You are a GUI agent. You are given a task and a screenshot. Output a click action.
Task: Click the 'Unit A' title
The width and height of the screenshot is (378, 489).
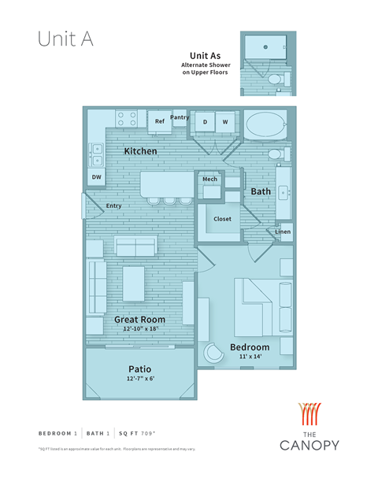pyautogui.click(x=65, y=40)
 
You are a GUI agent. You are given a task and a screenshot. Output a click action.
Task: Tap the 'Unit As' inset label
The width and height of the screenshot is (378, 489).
pyautogui.click(x=205, y=56)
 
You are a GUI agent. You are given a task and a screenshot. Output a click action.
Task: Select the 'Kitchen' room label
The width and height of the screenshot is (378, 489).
pyautogui.click(x=140, y=150)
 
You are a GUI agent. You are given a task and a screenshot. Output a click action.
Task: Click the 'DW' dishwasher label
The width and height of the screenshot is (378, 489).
pyautogui.click(x=96, y=177)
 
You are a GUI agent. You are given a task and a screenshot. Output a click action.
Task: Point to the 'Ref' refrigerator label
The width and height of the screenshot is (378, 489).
pyautogui.click(x=159, y=121)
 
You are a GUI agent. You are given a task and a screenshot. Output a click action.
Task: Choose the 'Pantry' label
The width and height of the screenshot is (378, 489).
pyautogui.click(x=180, y=117)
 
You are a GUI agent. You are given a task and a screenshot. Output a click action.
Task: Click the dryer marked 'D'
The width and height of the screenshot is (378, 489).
pyautogui.click(x=206, y=122)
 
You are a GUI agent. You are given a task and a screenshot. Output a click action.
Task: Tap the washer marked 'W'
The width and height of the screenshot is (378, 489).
pyautogui.click(x=224, y=122)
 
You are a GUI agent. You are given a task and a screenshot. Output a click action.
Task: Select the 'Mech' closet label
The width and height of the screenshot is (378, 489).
pyautogui.click(x=209, y=180)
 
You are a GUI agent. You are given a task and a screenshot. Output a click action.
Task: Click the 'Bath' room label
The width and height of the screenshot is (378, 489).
pyautogui.click(x=261, y=191)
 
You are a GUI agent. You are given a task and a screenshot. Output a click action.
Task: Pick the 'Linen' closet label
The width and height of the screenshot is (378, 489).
pyautogui.click(x=283, y=232)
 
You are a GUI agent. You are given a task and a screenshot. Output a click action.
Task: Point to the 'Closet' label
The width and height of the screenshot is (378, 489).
pyautogui.click(x=222, y=218)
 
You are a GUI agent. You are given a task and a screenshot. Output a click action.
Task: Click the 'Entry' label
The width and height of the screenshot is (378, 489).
pyautogui.click(x=114, y=206)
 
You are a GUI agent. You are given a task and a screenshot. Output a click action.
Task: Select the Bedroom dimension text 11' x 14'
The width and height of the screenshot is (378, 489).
pyautogui.click(x=250, y=357)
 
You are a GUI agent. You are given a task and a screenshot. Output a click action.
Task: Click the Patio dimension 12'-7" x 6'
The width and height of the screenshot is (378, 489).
pyautogui.click(x=139, y=380)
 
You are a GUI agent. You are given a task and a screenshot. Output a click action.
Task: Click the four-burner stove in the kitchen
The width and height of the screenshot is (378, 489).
pyautogui.click(x=127, y=119)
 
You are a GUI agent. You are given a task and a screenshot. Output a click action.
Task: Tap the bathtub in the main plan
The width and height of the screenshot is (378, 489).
pyautogui.click(x=266, y=125)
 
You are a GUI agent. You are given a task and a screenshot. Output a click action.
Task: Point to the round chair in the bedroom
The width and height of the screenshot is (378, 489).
pyautogui.click(x=214, y=354)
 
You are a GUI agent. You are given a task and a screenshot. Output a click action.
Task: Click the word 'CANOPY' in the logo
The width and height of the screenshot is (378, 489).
pyautogui.click(x=309, y=445)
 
